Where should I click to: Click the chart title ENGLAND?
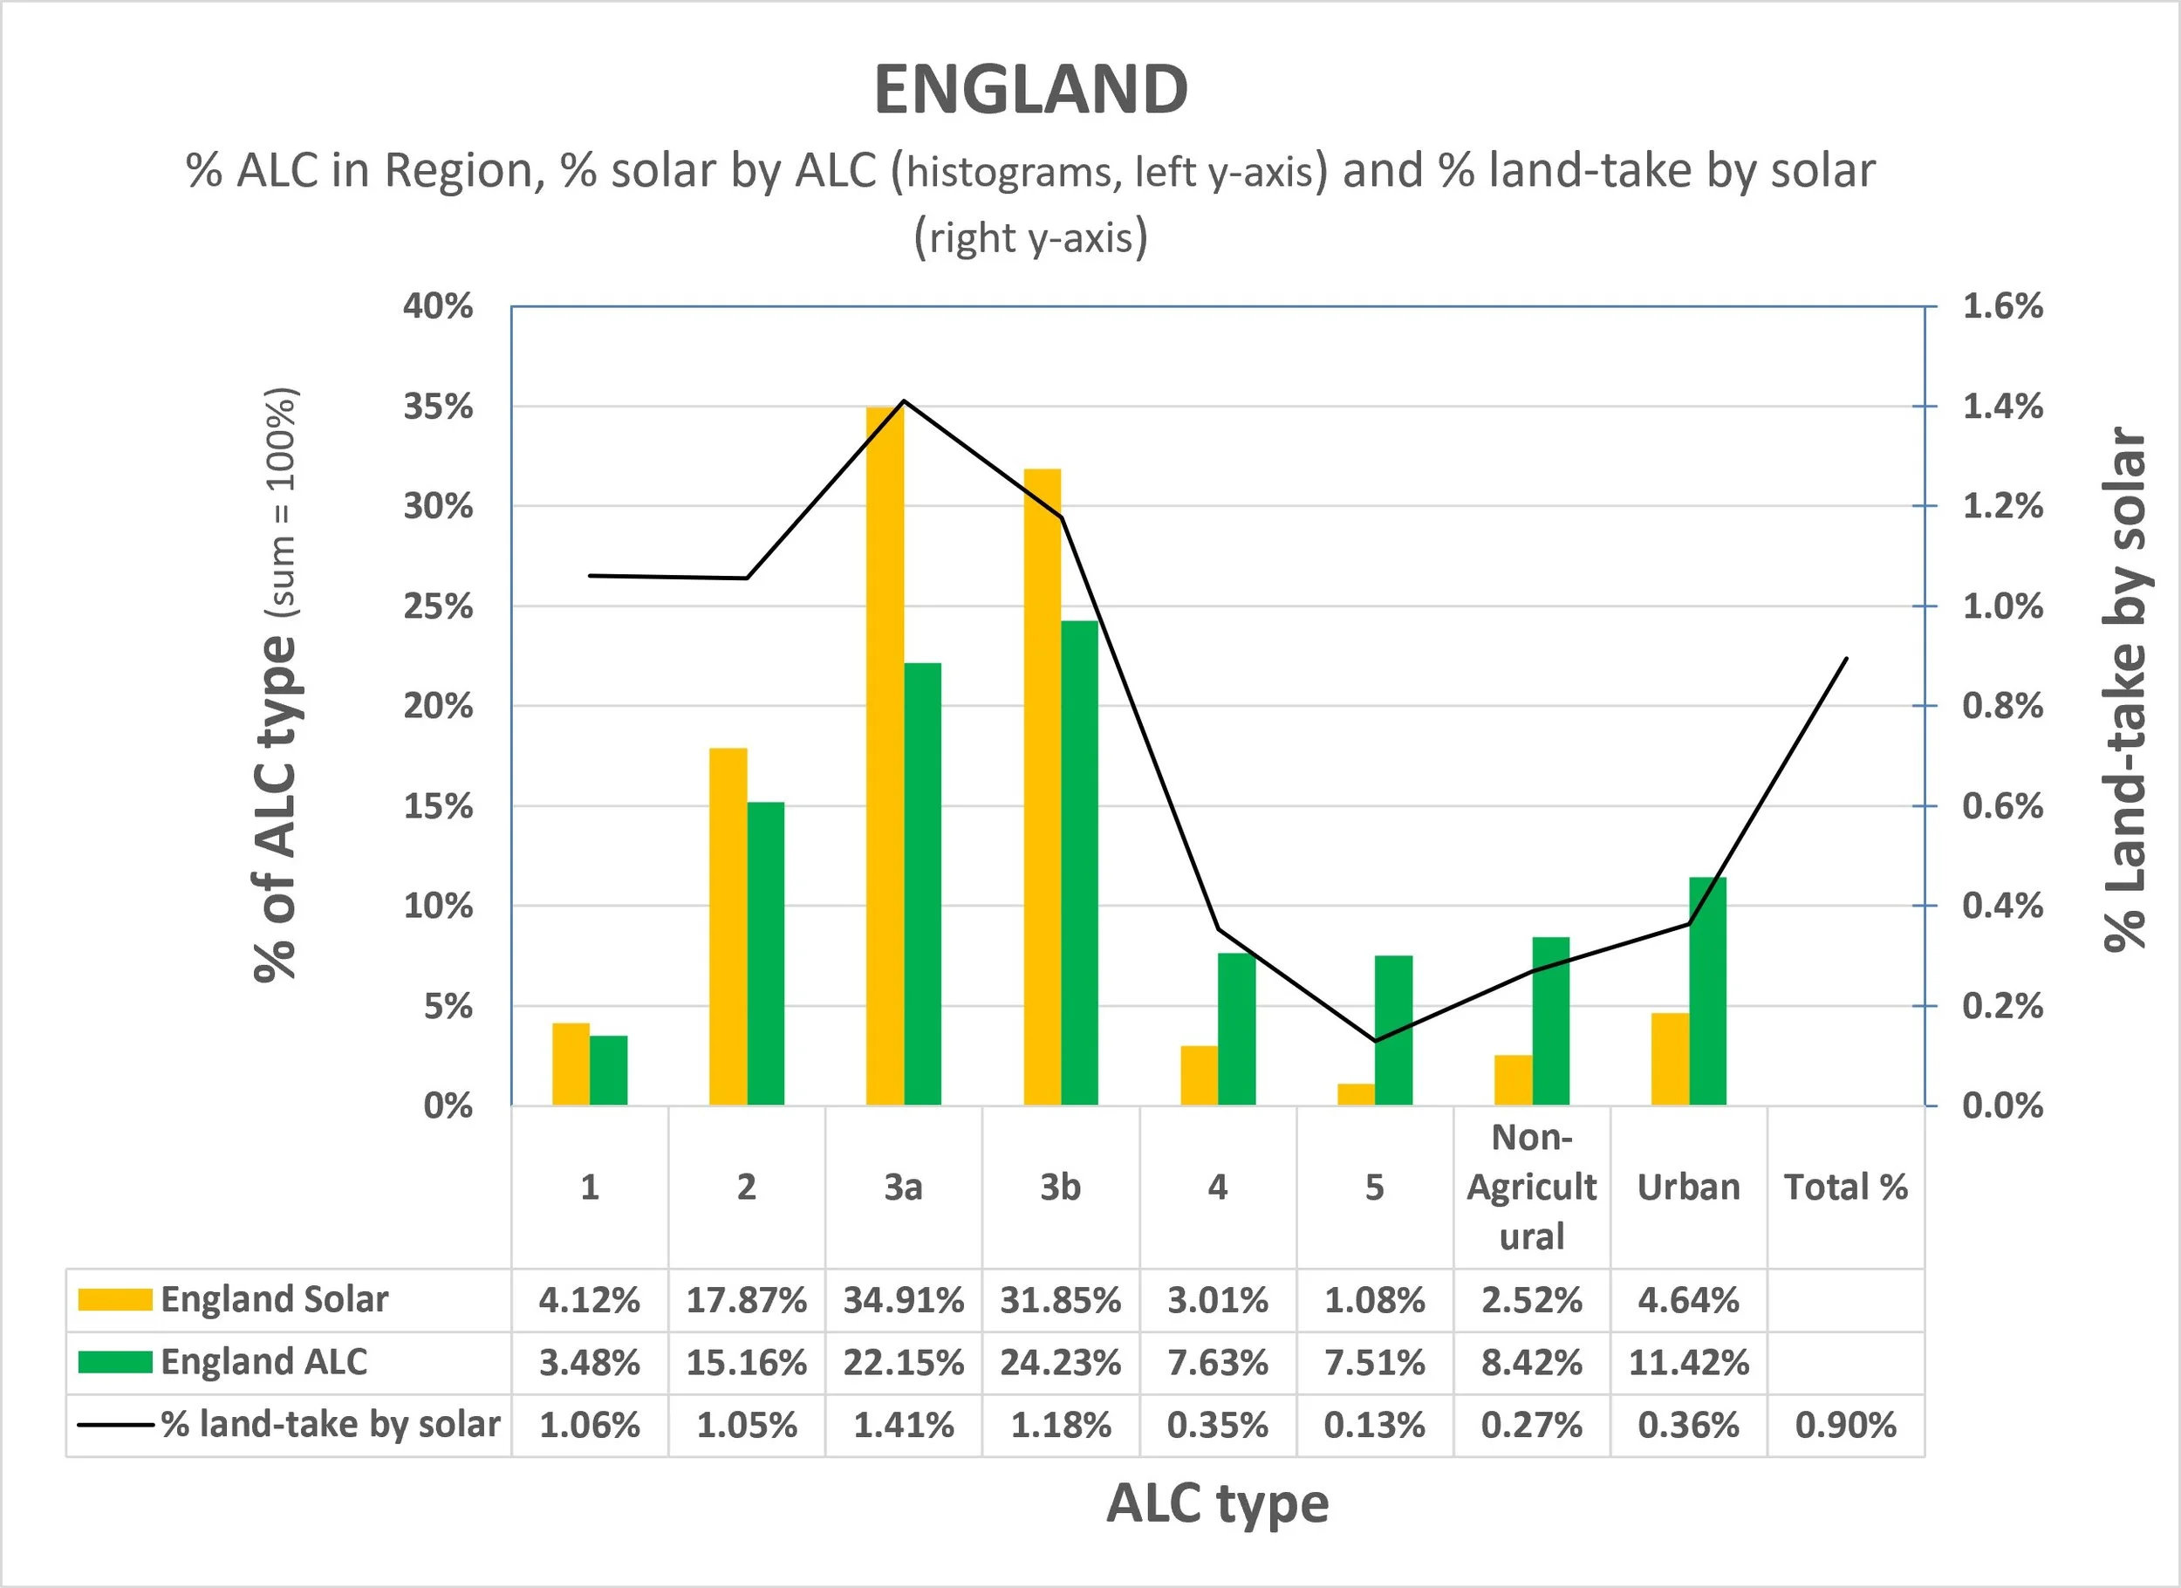[x=1031, y=90]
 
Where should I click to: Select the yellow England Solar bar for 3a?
[x=885, y=756]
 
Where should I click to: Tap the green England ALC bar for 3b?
[x=1079, y=863]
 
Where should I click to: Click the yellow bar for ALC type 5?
[x=1356, y=1094]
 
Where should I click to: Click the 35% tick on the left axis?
[x=439, y=407]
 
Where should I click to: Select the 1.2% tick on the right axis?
[x=2003, y=506]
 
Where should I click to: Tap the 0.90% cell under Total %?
[x=1845, y=1425]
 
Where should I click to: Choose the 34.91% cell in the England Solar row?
[x=904, y=1300]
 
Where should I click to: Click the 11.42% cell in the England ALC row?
[x=1689, y=1363]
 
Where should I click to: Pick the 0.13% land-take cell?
[x=1374, y=1425]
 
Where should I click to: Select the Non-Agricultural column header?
[x=1532, y=1187]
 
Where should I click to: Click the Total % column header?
[x=1846, y=1187]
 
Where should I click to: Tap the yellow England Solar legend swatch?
[x=115, y=1299]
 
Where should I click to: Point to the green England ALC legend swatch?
[x=115, y=1362]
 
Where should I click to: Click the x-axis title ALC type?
[x=1218, y=1504]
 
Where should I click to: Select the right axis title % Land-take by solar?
[x=2124, y=688]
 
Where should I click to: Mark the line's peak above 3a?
[x=904, y=400]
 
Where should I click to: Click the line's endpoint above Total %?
[x=1846, y=658]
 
